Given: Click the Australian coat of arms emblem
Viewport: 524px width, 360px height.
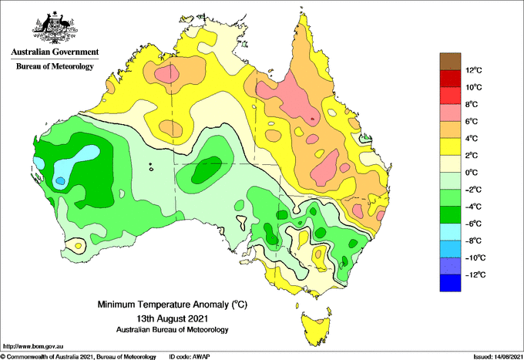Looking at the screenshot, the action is [55, 28].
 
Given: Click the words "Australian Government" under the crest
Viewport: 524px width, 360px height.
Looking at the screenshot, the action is [55, 52].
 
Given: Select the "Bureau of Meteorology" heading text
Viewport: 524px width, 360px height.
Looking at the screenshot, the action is [55, 66].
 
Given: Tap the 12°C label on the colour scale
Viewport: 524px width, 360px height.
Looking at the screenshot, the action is [474, 70].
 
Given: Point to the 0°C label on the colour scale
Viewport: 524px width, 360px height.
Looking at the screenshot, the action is [472, 173].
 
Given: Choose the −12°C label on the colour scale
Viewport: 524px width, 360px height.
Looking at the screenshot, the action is [473, 274].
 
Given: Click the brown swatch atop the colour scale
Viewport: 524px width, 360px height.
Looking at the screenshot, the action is [450, 62].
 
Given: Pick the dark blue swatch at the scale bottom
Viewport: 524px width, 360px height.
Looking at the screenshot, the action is [450, 283].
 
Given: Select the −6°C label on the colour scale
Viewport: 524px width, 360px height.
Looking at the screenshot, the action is [473, 224].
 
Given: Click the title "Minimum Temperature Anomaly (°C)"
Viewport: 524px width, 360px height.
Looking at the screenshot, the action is [172, 304].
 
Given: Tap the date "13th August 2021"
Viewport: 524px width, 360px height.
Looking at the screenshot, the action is [172, 318].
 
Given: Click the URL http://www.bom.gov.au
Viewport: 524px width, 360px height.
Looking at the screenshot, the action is [32, 346].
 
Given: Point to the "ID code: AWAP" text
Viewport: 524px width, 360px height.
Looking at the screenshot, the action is [190, 357].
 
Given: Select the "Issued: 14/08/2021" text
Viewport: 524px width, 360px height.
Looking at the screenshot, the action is [497, 357].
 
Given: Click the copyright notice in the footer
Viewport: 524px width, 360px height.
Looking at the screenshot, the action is [79, 357].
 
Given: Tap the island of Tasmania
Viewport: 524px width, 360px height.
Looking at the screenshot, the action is [317, 328].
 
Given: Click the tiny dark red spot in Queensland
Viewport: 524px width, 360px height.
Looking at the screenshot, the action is [313, 119].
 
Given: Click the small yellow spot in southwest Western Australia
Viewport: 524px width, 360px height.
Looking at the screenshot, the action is [78, 246].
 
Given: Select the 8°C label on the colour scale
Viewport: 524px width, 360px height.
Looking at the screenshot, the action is [472, 104].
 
